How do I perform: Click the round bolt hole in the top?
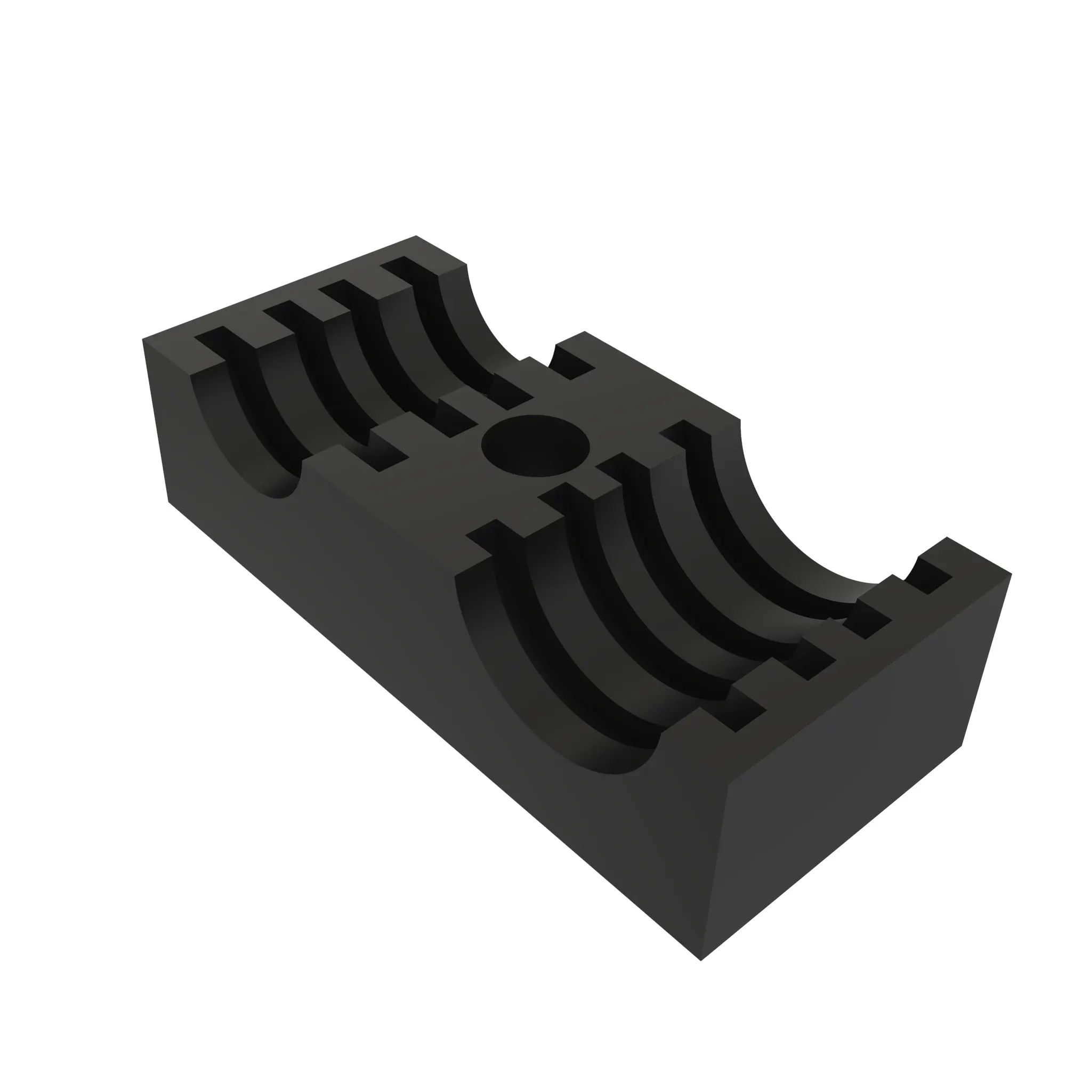535,445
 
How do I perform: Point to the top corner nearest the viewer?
730,784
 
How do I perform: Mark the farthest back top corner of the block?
416,236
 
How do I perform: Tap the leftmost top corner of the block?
143,340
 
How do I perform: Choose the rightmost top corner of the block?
1012,575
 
